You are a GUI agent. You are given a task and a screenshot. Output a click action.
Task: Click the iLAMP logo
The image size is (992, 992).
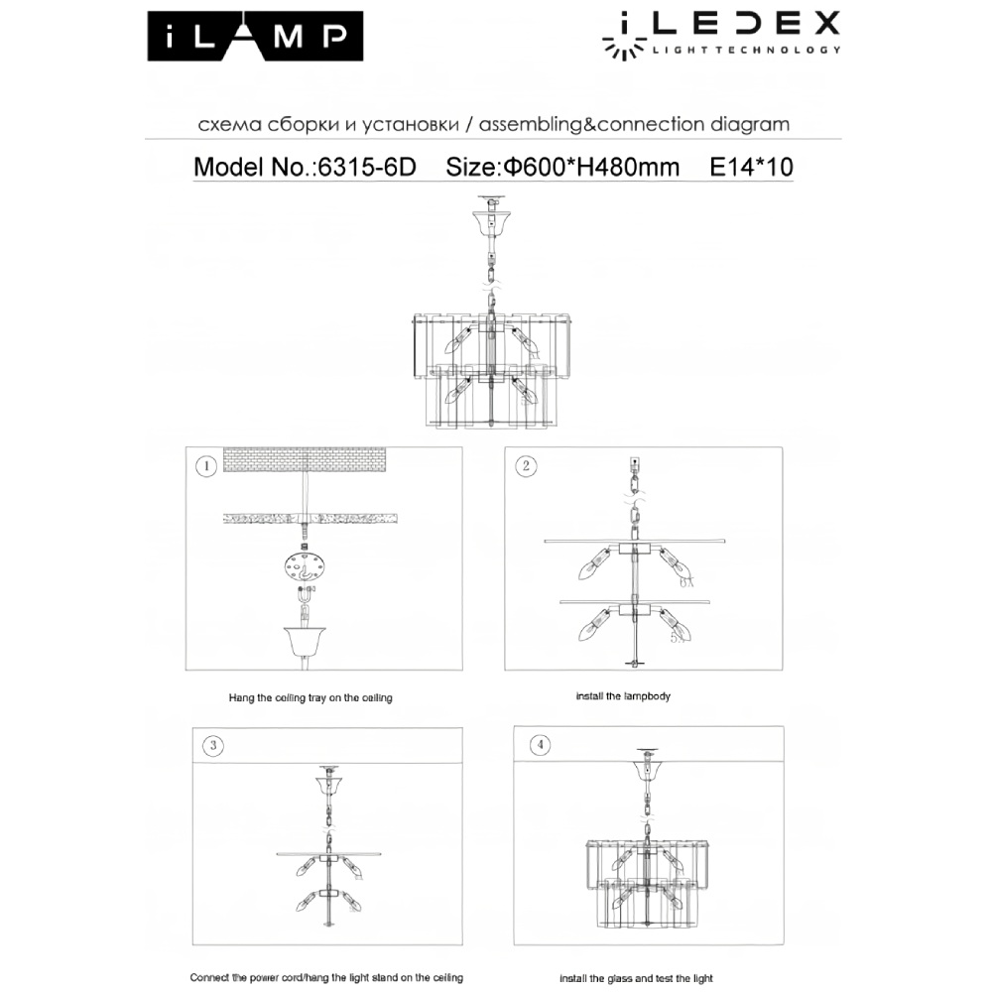point(256,37)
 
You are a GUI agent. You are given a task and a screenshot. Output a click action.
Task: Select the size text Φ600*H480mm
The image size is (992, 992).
point(563,167)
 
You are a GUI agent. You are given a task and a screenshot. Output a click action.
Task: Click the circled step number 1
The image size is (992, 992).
point(205,465)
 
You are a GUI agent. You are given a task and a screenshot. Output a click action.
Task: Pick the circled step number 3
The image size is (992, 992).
point(210,745)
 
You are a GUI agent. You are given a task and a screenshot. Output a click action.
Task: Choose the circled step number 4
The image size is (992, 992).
point(538,745)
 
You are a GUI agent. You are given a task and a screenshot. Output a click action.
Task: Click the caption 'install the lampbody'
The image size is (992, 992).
point(623,696)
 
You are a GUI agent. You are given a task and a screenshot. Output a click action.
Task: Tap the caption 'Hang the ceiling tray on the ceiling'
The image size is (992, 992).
point(310,697)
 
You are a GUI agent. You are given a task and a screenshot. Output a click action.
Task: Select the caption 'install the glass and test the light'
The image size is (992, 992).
point(636,978)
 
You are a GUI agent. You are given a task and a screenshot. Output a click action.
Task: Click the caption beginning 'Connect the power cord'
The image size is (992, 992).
point(326,977)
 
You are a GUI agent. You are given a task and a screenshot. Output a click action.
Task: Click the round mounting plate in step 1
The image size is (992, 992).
point(303,569)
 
